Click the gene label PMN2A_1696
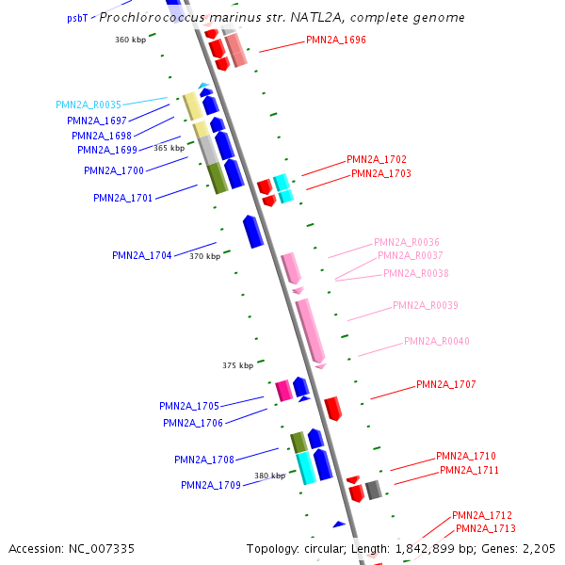tap(336, 40)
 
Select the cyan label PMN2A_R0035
tap(89, 105)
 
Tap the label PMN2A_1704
tap(141, 255)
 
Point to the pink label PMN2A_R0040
tap(436, 341)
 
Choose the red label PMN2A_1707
tap(446, 384)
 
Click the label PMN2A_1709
tap(211, 485)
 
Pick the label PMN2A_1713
tap(486, 528)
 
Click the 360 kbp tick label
tap(131, 40)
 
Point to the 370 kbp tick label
tap(204, 256)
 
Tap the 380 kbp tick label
tap(269, 476)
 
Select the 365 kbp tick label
tap(169, 148)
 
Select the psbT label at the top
tap(77, 18)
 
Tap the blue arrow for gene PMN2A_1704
tap(252, 232)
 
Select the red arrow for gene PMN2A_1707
tap(332, 409)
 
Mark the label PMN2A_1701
tap(123, 198)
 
